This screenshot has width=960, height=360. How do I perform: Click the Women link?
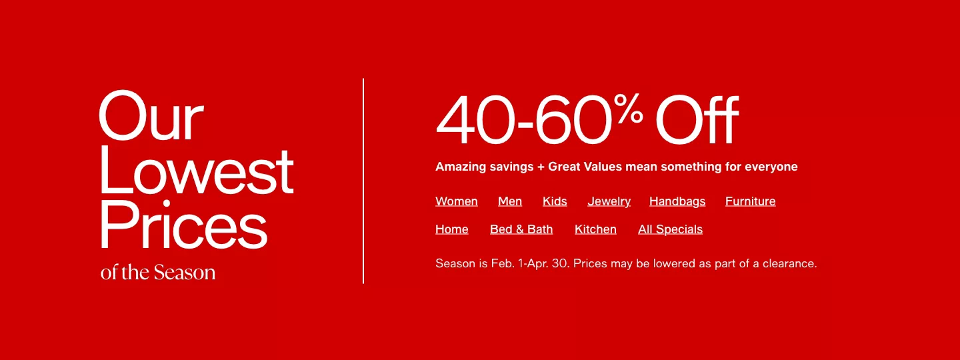coord(457,201)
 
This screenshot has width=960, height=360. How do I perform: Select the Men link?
coord(510,201)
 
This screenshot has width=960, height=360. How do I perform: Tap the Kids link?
coord(555,201)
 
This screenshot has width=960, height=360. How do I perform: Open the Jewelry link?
coord(609,202)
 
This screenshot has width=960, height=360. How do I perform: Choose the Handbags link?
coord(677,202)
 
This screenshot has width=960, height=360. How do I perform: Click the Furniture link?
coord(751,201)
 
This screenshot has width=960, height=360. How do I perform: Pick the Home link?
coord(452,229)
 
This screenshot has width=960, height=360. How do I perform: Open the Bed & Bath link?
coord(521,229)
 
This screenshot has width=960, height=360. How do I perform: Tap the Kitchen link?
coord(595,229)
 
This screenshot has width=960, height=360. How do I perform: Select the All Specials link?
coord(670,230)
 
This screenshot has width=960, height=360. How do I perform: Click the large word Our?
coord(151,115)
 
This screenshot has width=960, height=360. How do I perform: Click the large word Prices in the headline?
coord(184,225)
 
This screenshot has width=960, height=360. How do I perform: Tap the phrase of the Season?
coord(158,273)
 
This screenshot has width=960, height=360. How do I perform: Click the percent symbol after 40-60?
coord(628,108)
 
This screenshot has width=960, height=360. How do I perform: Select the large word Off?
coord(697,120)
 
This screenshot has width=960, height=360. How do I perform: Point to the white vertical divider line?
coord(363,181)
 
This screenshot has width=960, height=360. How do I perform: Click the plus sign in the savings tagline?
coord(541,167)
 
